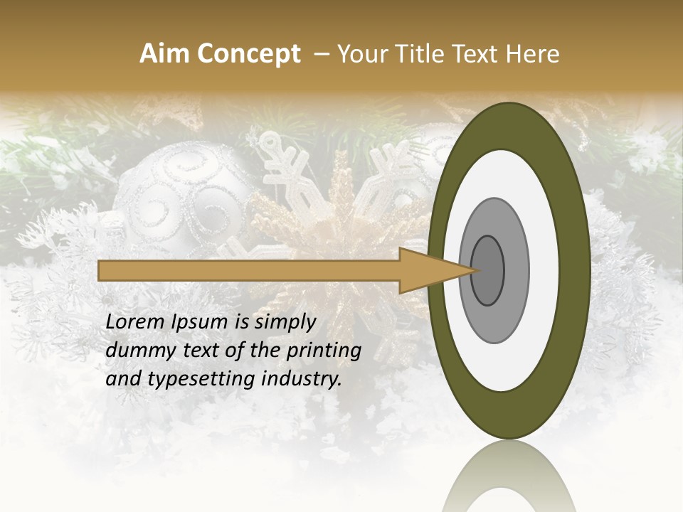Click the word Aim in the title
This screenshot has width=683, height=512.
[x=164, y=54]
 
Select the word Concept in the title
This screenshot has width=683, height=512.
[x=248, y=54]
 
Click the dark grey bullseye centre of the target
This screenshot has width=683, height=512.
[x=487, y=270]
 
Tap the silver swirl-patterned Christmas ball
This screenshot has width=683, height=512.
[x=181, y=196]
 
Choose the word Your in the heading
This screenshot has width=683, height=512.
[x=359, y=54]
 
